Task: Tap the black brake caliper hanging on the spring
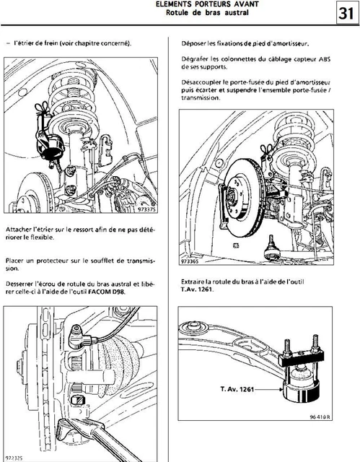50,141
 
